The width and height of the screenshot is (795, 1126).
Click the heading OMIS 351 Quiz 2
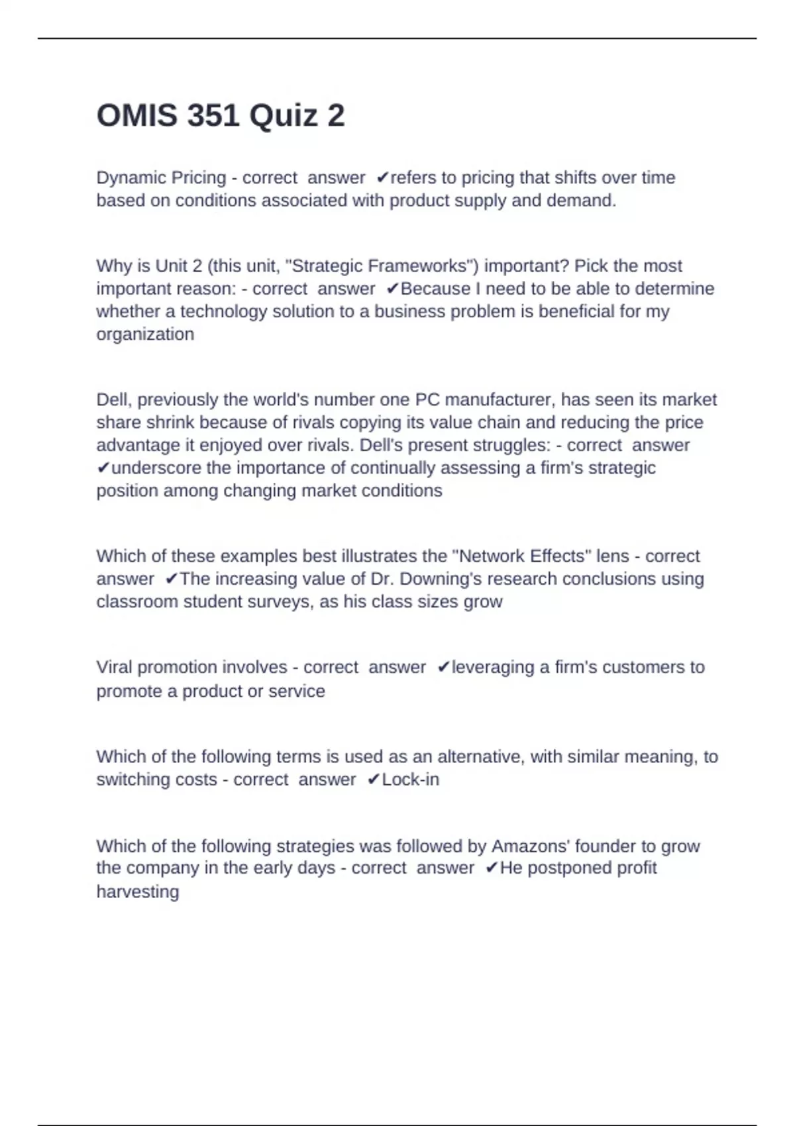(x=221, y=116)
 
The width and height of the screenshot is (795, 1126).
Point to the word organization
(x=145, y=334)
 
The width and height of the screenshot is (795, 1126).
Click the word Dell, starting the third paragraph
(x=114, y=400)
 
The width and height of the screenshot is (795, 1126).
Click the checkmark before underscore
(x=103, y=468)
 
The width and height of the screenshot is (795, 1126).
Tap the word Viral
(x=114, y=668)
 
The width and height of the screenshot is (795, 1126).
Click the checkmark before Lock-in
(x=373, y=780)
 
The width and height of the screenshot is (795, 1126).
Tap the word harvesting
(x=138, y=892)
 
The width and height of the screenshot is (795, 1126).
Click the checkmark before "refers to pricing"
(x=382, y=178)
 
